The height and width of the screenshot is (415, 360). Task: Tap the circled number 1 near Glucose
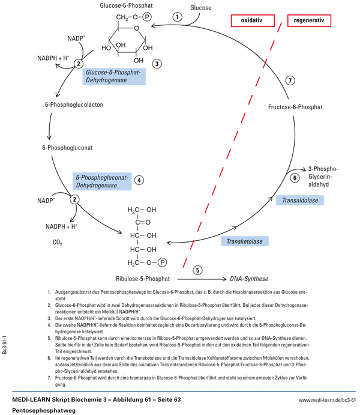177,16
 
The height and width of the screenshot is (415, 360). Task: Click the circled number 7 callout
290,80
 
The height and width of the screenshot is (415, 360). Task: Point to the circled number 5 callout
198,270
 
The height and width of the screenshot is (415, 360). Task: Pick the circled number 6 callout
295,177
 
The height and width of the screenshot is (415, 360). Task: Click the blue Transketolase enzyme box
245,241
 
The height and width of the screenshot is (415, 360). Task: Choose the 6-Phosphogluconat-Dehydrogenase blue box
101,181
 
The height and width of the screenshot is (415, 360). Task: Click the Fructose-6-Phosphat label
295,107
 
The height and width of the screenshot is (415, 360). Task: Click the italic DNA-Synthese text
248,279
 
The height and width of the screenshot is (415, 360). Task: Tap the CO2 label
58,243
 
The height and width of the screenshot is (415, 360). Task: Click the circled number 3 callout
157,63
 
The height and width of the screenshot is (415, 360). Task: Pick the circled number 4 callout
139,179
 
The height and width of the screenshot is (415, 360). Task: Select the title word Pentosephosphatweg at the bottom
40,410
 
